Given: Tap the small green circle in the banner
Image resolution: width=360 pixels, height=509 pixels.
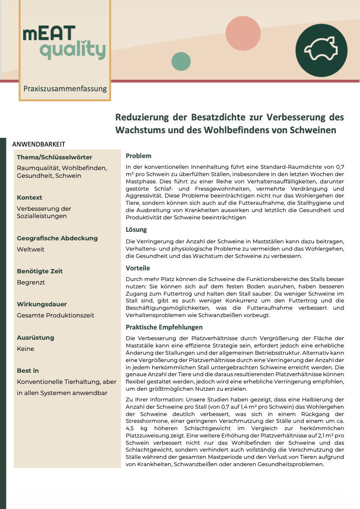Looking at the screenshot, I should point(181,61).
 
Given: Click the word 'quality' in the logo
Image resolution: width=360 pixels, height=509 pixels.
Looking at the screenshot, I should point(72,51).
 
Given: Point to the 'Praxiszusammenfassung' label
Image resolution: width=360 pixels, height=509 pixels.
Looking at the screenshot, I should point(65,89).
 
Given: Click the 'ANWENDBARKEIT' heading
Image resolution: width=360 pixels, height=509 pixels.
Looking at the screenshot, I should point(39,144).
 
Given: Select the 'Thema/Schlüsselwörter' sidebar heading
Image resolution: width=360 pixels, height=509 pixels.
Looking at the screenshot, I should point(54,157).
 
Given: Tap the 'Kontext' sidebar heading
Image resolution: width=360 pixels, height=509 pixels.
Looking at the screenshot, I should point(30,198).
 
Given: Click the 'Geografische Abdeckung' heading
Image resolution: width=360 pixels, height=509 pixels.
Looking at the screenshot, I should point(57,238).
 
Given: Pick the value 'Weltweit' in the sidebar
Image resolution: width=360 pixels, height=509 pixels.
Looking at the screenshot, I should point(30,249).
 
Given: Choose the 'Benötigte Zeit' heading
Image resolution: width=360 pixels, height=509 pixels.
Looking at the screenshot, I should point(40,271).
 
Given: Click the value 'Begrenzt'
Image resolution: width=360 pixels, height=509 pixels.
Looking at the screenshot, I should point(31,282).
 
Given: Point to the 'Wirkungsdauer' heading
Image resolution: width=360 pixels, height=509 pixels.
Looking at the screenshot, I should point(42,304).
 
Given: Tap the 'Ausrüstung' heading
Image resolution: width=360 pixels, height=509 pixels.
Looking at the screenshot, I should point(35,338).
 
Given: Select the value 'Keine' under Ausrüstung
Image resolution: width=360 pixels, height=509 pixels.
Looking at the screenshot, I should point(25,349).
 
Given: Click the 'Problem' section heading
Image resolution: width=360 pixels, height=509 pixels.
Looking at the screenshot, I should point(138,156).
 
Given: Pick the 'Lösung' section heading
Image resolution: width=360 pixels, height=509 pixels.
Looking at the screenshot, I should point(136,230).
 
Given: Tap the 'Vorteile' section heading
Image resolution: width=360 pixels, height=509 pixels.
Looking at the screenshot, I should point(138,268).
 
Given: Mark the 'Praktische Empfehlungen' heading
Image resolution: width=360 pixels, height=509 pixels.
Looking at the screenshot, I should point(164,327).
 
